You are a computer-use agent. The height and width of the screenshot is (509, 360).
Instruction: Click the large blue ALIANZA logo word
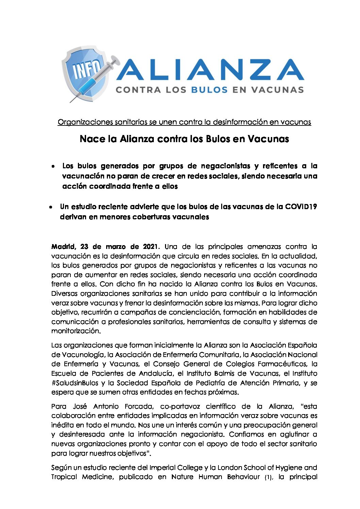pyautogui.click(x=210, y=70)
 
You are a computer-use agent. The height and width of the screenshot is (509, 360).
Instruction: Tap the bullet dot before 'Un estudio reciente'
pyautogui.click(x=50, y=207)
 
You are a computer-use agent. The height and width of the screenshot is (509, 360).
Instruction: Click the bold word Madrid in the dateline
pyautogui.click(x=63, y=247)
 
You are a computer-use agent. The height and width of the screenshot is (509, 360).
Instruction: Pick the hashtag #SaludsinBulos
pyautogui.click(x=75, y=383)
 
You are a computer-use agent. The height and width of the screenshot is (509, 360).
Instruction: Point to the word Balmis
pyautogui.click(x=224, y=373)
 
